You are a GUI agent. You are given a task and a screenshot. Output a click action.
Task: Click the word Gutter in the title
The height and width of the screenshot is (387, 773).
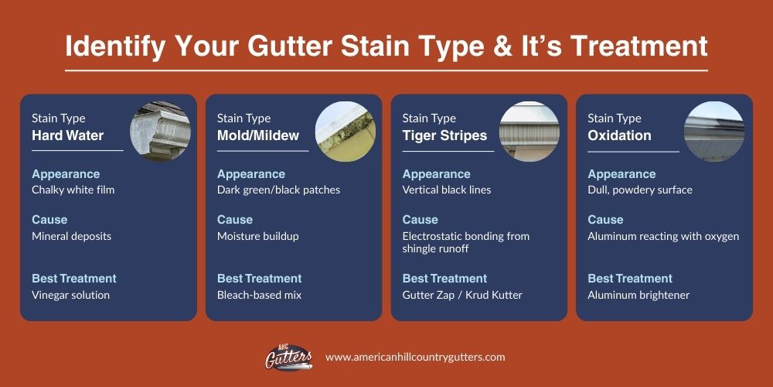289,46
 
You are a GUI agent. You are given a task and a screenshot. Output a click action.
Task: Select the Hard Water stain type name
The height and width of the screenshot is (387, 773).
67,135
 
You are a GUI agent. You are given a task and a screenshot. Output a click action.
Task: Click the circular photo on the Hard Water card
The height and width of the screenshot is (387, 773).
160,132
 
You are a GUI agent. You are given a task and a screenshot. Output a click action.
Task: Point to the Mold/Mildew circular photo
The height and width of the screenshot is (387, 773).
346,132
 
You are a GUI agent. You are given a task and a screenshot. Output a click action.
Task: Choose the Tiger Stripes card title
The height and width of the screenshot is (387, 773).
444,135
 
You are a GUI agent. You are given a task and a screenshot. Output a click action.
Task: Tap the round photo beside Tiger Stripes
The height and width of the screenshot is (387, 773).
530,132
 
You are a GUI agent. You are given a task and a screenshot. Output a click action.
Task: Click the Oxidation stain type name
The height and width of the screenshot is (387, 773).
619,135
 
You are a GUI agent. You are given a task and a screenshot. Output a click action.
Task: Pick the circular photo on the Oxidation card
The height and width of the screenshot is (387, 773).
714,132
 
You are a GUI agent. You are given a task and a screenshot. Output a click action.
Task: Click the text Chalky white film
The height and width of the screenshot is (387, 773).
73,190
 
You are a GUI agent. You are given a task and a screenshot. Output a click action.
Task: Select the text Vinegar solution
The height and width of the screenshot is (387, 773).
70,295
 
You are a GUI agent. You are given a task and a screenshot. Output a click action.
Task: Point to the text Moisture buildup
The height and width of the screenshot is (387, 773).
258,236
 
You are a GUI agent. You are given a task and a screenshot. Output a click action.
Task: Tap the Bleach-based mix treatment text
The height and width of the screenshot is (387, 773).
259,295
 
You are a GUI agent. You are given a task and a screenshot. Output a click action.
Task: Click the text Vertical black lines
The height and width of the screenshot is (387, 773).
447,190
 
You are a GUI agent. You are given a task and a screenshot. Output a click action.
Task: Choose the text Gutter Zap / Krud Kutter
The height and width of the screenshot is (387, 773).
462,295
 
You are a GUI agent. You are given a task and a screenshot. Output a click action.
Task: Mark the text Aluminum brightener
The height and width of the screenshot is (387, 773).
638,295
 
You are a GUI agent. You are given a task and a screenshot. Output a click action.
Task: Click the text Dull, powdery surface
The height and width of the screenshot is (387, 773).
640,190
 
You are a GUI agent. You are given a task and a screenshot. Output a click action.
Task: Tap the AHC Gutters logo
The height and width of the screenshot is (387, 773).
289,357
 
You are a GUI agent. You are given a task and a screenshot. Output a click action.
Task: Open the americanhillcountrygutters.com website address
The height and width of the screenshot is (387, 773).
415,357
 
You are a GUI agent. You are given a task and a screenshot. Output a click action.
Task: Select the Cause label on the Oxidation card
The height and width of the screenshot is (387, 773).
605,220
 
